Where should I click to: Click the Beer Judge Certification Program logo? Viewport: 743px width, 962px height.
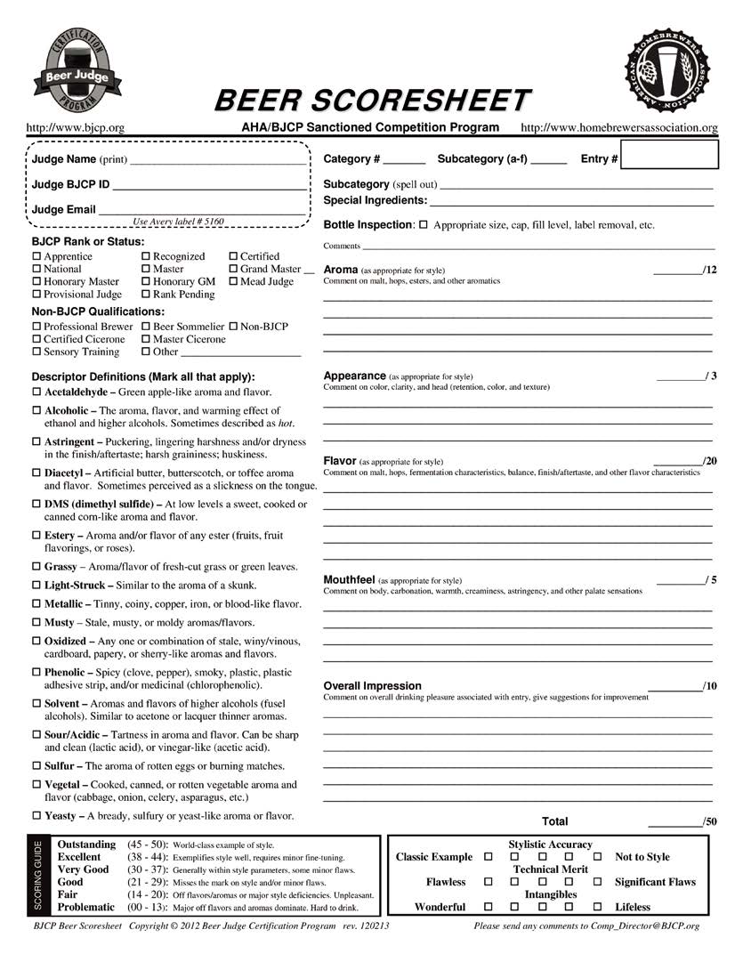77,69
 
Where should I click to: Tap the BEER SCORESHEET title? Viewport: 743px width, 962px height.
372,100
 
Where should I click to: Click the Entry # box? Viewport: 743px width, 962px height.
669,158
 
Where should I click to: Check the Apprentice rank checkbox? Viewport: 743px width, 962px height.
36,257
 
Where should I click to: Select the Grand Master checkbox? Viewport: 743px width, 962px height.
234,270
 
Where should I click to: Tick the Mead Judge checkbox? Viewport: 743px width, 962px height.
234,282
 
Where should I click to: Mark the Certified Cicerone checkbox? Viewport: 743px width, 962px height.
36,340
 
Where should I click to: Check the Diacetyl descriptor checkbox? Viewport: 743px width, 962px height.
36,473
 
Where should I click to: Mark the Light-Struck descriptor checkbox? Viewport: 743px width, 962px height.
36,586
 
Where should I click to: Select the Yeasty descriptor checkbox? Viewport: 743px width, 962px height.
36,816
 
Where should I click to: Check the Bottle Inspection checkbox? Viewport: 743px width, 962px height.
424,225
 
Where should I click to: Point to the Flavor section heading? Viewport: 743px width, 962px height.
339,461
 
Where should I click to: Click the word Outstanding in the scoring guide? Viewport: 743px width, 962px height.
86,845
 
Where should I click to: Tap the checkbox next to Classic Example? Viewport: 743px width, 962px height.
488,857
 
